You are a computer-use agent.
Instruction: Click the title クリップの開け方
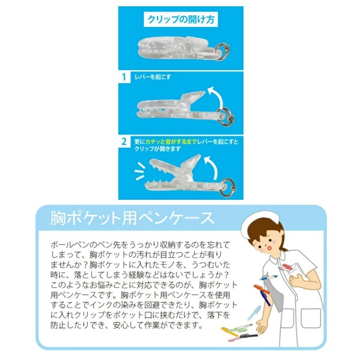click(x=181, y=19)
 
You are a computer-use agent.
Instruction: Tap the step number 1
click(x=124, y=77)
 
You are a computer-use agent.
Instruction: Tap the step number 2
click(x=124, y=142)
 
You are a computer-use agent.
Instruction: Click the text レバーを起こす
click(x=153, y=77)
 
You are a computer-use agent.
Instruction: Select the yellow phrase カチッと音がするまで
click(x=171, y=142)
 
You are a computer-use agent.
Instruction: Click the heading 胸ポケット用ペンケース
click(x=132, y=218)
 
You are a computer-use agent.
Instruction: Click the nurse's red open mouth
click(x=270, y=248)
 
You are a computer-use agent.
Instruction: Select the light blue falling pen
click(x=254, y=312)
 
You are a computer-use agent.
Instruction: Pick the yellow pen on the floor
click(x=229, y=332)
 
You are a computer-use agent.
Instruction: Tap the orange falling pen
click(x=262, y=289)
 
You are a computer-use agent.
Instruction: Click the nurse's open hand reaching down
click(x=262, y=326)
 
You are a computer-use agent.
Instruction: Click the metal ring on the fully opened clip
click(x=228, y=187)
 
